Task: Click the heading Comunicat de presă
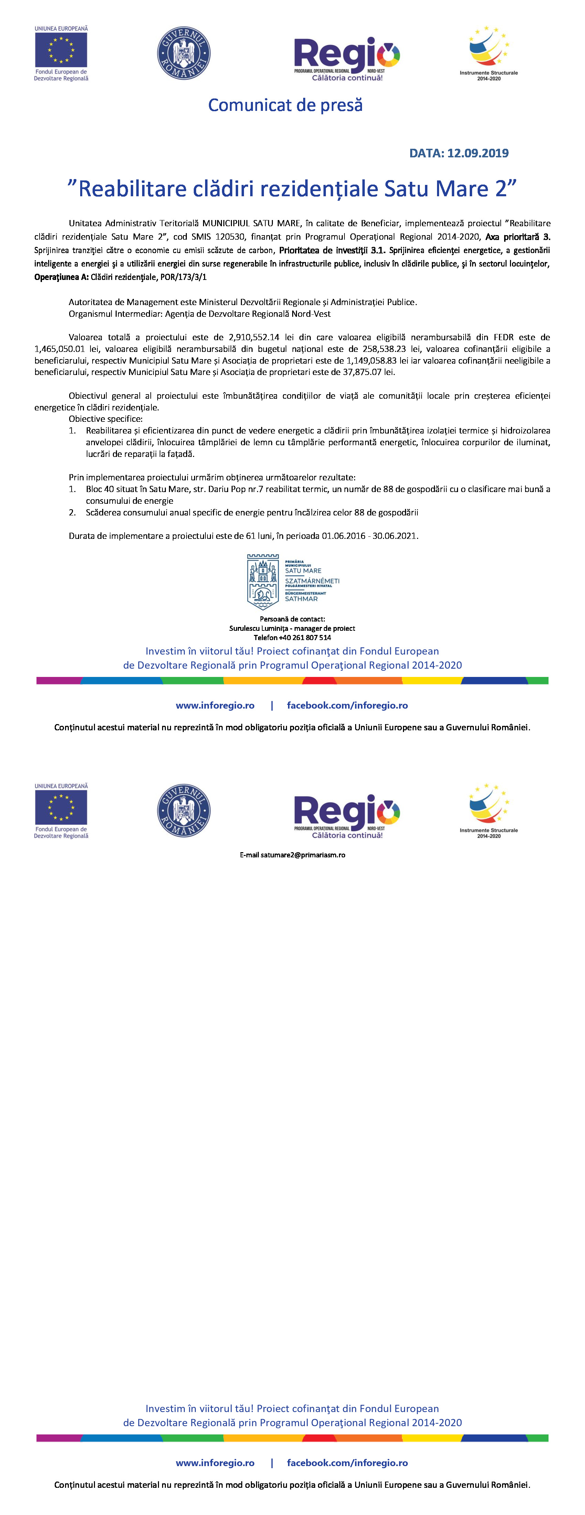point(285,105)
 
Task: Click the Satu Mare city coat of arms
point(262,581)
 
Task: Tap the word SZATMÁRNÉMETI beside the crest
point(312,581)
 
